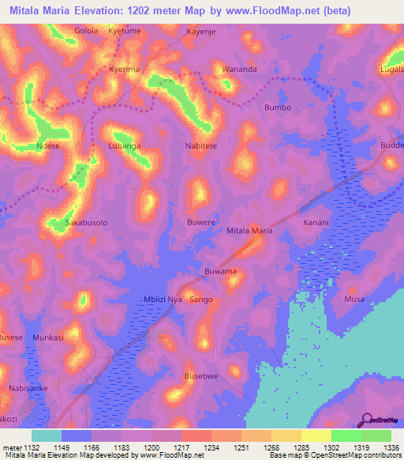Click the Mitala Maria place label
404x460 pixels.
click(x=249, y=231)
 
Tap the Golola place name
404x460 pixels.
click(x=86, y=31)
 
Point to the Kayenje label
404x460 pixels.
click(x=200, y=32)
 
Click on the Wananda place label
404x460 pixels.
click(x=239, y=69)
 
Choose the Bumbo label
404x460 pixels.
click(x=278, y=107)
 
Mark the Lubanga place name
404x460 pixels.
click(x=124, y=146)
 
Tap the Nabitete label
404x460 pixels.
click(x=200, y=146)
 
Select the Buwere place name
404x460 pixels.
click(x=200, y=223)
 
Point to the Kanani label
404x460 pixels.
click(x=316, y=223)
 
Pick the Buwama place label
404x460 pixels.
click(x=220, y=272)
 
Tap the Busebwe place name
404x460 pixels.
click(x=200, y=376)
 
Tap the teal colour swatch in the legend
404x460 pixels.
click(x=46, y=435)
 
